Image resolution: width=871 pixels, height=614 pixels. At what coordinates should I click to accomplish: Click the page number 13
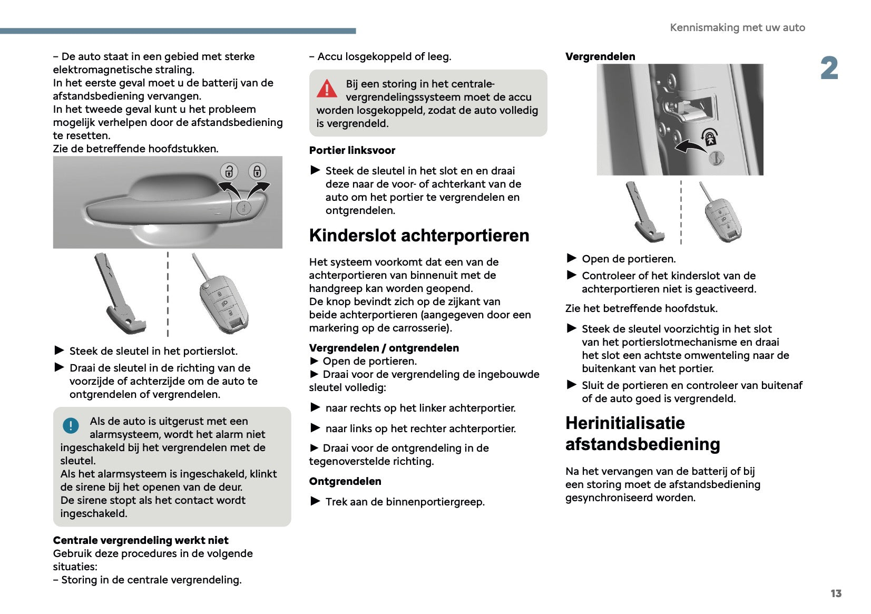[836, 593]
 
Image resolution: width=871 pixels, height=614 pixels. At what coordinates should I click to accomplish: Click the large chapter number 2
[829, 69]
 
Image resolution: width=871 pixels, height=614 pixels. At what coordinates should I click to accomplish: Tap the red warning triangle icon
[327, 89]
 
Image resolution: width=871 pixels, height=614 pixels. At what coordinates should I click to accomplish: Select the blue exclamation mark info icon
[71, 425]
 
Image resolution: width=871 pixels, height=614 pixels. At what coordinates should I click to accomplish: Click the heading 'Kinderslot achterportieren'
[419, 236]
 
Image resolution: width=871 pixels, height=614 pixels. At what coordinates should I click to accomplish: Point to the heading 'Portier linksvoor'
[352, 150]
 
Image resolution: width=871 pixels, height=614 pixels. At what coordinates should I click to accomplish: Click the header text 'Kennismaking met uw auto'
[737, 27]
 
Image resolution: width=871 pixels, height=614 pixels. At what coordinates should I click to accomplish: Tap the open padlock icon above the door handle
[229, 171]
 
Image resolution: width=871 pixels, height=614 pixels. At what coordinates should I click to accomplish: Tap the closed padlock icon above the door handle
[257, 171]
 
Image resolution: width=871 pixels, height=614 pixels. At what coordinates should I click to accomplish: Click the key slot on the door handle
[243, 208]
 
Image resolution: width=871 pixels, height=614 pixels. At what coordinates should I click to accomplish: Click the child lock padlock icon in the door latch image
[710, 137]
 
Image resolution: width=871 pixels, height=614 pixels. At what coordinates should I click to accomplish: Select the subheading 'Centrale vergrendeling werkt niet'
[141, 540]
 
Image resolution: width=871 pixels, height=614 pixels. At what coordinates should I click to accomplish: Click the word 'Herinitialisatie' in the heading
[625, 423]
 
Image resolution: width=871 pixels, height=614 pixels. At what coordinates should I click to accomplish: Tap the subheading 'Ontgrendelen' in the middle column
[345, 481]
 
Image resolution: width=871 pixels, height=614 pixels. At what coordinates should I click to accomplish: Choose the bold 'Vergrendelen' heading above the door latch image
[600, 56]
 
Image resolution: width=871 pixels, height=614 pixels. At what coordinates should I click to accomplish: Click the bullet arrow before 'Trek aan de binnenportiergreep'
[315, 501]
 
